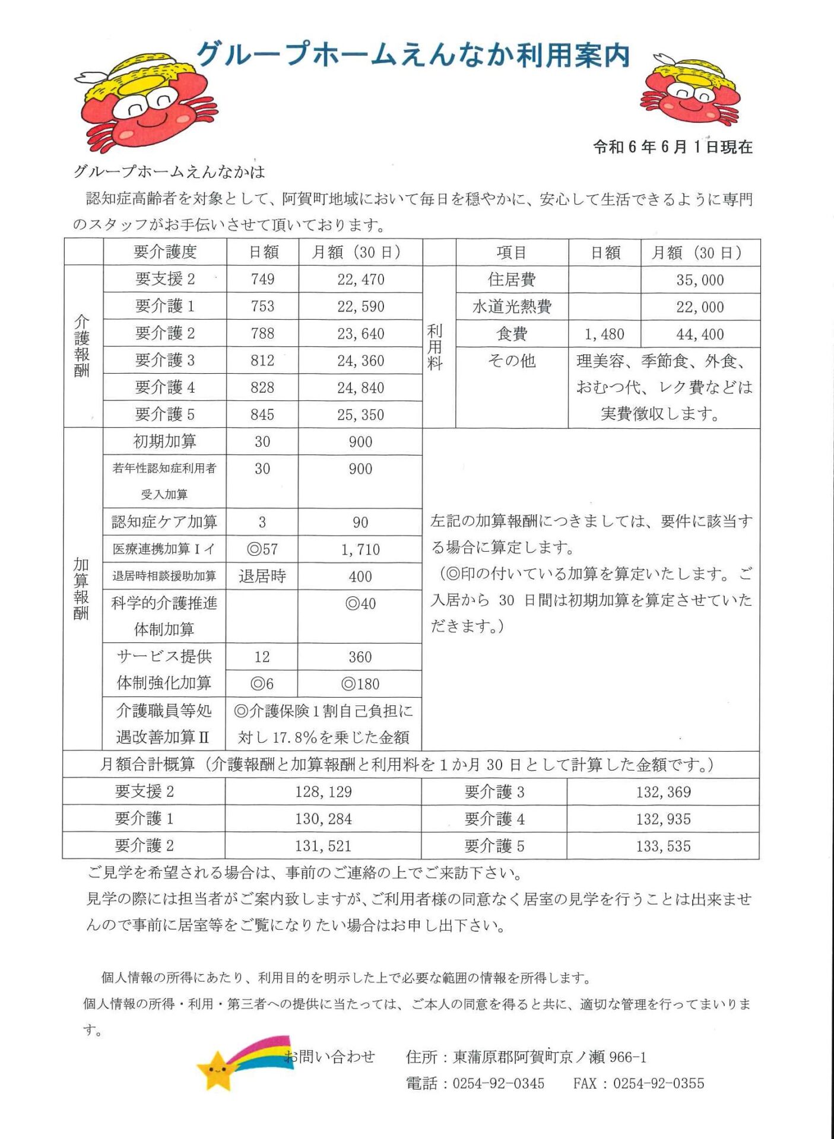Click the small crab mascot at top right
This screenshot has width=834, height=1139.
(690, 92)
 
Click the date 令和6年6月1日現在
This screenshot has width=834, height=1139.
(673, 147)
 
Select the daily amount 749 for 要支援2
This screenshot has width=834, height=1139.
(262, 279)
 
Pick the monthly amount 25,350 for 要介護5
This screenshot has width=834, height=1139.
(360, 415)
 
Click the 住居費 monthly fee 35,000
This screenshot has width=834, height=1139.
(700, 280)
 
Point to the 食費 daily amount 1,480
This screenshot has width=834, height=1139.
(604, 335)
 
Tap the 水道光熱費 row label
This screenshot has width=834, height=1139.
(512, 307)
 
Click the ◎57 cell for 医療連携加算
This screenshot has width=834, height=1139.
(262, 549)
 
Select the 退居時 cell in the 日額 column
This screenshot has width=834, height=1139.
(262, 576)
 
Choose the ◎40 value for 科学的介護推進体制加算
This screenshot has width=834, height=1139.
(360, 604)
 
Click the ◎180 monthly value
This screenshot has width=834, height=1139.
(360, 684)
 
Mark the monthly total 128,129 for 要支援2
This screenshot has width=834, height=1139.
(324, 792)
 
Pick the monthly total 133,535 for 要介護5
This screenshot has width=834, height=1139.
(663, 846)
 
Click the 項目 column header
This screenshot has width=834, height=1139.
(512, 253)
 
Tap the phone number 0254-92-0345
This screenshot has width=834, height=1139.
(498, 1083)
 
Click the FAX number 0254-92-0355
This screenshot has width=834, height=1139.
(658, 1083)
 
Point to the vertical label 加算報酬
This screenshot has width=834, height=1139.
(82, 588)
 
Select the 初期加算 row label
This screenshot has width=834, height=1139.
(164, 441)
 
